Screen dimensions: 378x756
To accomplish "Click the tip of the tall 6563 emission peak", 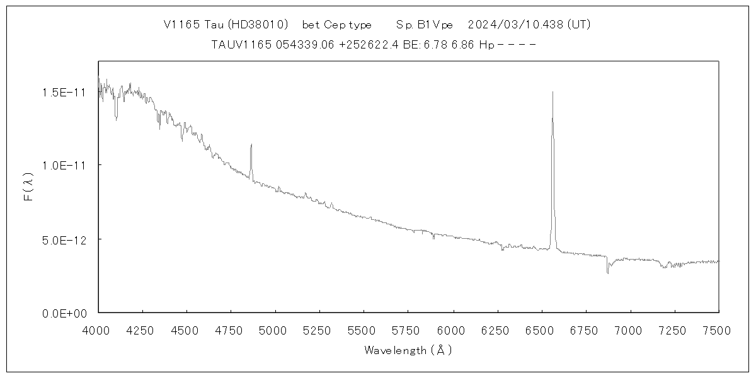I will click(553, 92).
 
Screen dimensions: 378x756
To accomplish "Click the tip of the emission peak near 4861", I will click(251, 144).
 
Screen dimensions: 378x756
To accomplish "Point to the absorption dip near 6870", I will click(607, 273).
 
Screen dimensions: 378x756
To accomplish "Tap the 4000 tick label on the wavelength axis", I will click(97, 329).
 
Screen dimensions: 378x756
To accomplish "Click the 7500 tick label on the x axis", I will click(718, 329).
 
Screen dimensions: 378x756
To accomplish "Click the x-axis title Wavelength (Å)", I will click(408, 350).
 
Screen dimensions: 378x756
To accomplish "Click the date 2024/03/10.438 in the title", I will click(516, 25).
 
